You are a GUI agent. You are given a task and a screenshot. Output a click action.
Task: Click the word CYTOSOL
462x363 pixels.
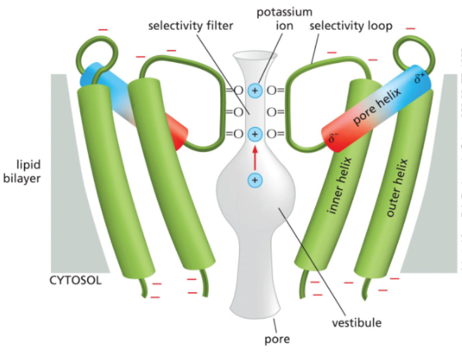[75, 280]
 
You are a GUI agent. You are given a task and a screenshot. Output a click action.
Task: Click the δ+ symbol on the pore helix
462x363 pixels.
[420, 78]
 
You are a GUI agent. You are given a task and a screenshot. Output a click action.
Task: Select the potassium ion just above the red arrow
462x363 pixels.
[255, 134]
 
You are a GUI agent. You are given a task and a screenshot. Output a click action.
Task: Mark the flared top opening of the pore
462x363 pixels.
[255, 56]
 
